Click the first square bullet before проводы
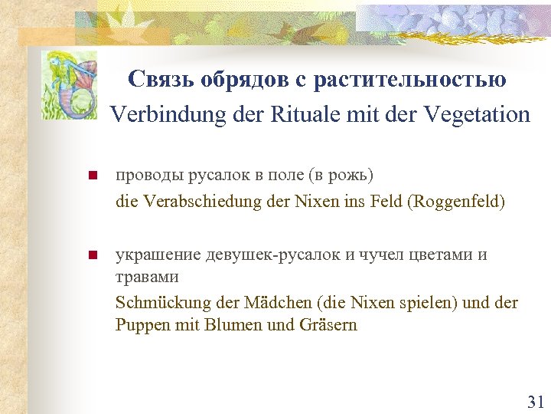93,176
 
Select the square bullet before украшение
93,255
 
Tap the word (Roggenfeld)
457,204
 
